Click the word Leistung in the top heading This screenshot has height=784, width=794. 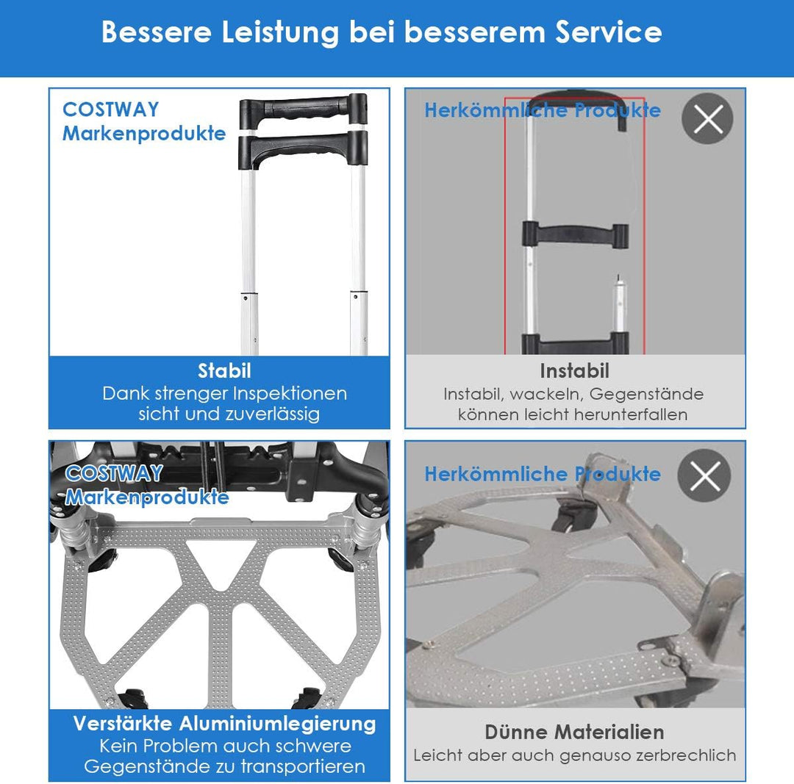coord(280,33)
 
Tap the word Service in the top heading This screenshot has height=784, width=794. coord(608,32)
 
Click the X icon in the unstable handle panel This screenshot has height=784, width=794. coord(707,119)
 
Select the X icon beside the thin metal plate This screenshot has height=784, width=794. coord(704,475)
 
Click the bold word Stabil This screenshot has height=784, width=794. coord(224,371)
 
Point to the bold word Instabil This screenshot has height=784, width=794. coord(574,371)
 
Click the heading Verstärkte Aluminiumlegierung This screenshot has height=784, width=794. coord(224,724)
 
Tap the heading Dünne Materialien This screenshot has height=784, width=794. coord(574,732)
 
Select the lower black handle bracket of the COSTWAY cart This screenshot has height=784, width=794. coord(304,149)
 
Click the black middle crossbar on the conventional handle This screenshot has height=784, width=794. coord(576,235)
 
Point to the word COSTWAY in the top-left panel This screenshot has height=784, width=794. coord(111,109)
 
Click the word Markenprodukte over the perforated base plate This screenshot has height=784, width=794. coord(147,497)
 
